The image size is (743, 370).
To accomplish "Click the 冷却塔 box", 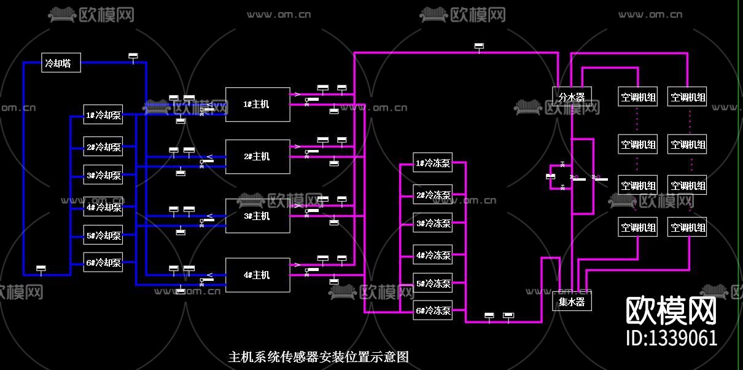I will coord(61,63).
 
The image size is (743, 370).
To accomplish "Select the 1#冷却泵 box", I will coord(103,115).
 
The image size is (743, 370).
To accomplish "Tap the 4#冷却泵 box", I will coord(103,207).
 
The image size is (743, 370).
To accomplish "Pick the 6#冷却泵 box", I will coord(103,262).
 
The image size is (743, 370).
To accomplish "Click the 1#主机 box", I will coord(257,104).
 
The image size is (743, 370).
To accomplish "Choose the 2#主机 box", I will coord(257,157).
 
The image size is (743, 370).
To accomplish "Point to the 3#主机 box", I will coord(257,216).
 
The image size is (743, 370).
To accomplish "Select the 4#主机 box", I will coord(257,275).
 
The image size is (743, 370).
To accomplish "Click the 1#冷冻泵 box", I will coord(433,163).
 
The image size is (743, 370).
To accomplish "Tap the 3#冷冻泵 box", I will coord(433,223).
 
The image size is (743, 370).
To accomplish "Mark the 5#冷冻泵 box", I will coord(433,283).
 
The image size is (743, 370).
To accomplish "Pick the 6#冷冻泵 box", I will coord(433,310).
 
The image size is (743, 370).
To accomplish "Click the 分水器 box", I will coord(572,96).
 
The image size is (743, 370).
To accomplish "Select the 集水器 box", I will coord(572,302).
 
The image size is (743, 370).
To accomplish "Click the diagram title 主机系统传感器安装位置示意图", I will coord(318,356).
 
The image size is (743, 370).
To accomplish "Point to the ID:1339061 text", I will coord(671,337).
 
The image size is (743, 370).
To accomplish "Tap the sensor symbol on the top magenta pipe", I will coord(479,45).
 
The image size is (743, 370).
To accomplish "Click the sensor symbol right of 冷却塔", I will coord(133,56).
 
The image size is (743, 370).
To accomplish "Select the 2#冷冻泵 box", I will coord(433,195).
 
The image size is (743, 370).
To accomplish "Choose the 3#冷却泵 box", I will coord(103,175).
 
